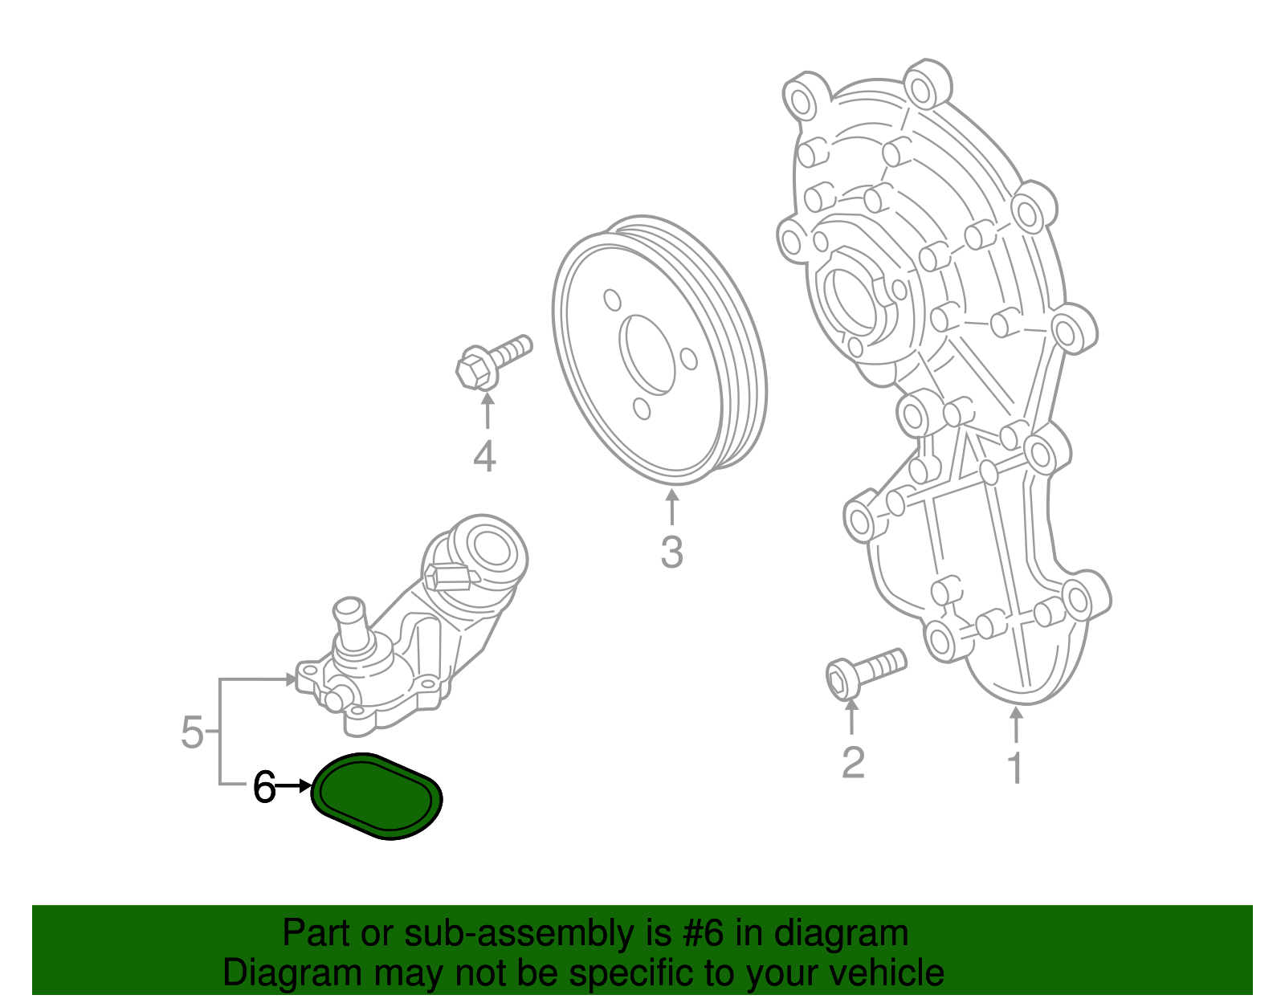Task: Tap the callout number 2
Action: (x=852, y=762)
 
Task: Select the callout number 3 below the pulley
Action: (x=671, y=552)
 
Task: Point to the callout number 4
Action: (x=484, y=457)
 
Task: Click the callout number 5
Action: (x=192, y=732)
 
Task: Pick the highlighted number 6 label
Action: (x=264, y=788)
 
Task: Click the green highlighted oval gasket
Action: (x=377, y=796)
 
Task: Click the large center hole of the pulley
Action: (x=647, y=354)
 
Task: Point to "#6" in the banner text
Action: (x=704, y=934)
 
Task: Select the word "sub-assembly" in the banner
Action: (x=519, y=934)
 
